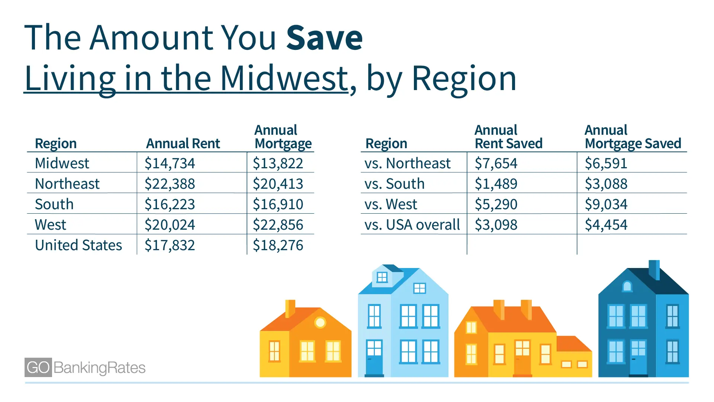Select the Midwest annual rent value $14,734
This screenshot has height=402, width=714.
(170, 163)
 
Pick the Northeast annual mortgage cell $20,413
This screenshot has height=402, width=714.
(278, 184)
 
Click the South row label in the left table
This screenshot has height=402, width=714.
(54, 204)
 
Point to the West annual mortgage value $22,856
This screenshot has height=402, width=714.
(278, 225)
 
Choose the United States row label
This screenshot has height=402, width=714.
(78, 245)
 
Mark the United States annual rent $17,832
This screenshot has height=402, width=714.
(170, 245)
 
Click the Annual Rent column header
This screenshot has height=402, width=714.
(183, 144)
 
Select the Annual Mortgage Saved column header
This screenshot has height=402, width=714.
(633, 137)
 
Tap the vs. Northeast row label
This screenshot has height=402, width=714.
(407, 163)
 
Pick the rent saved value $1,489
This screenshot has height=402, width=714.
(496, 184)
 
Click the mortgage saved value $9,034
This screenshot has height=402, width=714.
(606, 204)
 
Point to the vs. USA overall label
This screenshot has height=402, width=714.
(412, 225)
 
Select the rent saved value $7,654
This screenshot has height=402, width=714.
(496, 163)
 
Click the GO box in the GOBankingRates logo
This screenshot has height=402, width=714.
(38, 367)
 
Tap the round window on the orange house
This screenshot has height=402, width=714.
(320, 322)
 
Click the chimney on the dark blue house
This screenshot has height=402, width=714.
(654, 269)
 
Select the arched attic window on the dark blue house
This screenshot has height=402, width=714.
(627, 286)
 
